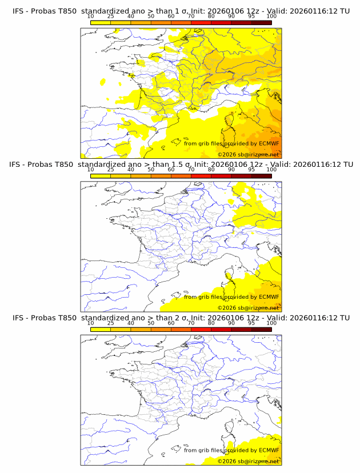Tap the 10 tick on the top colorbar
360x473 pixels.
pos(91,17)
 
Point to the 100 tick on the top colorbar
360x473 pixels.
pos(271,17)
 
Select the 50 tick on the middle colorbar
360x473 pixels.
pos(151,170)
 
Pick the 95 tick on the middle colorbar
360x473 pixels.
pos(251,170)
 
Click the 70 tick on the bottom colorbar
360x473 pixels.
pos(191,323)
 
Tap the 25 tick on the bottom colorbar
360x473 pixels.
pos(111,323)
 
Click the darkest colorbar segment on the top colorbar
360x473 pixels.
pos(261,22)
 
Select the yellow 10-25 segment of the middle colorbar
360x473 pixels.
pos(101,175)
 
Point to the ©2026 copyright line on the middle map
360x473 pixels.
pos(248,308)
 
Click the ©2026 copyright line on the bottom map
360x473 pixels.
pos(248,461)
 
